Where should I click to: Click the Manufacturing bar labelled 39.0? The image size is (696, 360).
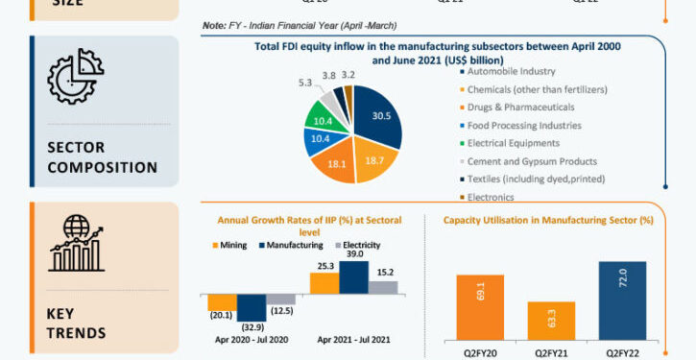point(353,277)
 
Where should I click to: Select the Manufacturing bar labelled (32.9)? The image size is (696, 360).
point(252,306)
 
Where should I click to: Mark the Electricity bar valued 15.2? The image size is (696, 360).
point(383,286)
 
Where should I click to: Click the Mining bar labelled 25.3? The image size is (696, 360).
point(324,282)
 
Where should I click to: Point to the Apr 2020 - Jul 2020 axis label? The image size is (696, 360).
point(252,339)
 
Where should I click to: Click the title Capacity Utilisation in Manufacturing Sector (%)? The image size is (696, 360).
point(547,220)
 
